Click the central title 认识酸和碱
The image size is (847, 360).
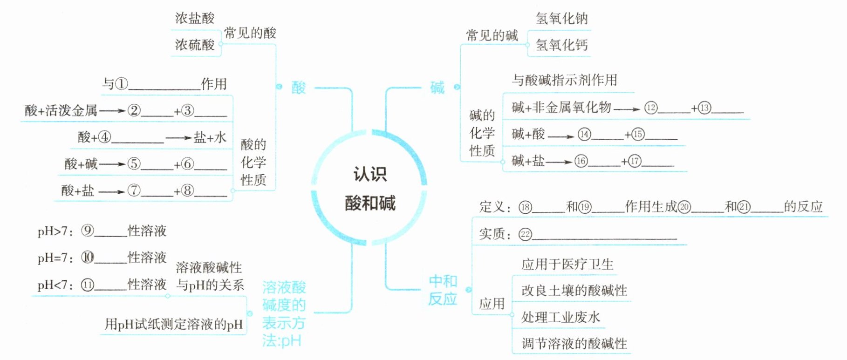coord(369,189)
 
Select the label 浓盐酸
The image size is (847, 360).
coord(195,19)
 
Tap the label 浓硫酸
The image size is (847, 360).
coord(195,45)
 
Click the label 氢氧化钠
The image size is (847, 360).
coord(561,19)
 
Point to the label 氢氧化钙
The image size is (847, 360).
coord(561,45)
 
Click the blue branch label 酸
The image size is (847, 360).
coord(299,87)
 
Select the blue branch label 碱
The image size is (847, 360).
coord(437,87)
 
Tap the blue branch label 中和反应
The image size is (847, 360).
coord(443,290)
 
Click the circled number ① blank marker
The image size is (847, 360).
coord(121,84)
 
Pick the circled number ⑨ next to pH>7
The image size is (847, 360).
coord(88,231)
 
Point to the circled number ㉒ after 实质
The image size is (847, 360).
coord(525,234)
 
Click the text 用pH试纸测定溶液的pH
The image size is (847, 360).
coord(173,324)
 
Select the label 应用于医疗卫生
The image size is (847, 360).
coord(567,265)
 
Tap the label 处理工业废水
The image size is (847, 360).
coord(560,318)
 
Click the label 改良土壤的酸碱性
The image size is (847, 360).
coord(574,291)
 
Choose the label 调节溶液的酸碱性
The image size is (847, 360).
coord(574,344)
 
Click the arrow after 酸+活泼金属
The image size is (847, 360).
coord(112,111)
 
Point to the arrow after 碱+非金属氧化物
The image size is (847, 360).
coord(627,109)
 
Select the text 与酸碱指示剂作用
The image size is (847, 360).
coord(564,80)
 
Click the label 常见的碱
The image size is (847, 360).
coord(492,35)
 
